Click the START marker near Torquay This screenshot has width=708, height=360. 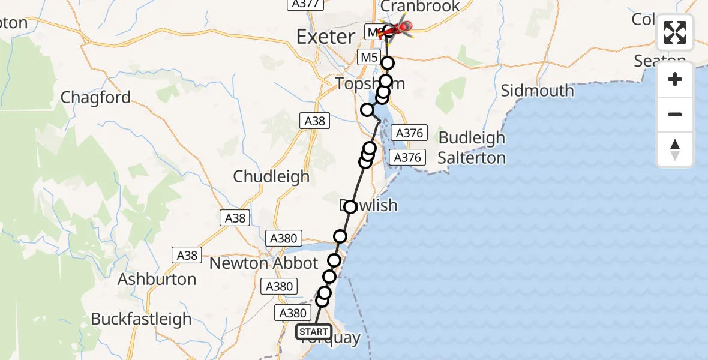[313, 332]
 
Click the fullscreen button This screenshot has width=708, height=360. [675, 32]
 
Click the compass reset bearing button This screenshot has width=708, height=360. [675, 149]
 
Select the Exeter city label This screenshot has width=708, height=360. [325, 37]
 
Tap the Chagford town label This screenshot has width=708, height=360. [96, 98]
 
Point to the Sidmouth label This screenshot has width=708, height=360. [537, 91]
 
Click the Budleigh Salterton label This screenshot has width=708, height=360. [472, 148]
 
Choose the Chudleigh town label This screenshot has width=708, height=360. [271, 176]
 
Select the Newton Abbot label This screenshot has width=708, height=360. [263, 263]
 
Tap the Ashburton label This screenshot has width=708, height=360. [157, 279]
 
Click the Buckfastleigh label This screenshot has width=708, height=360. [141, 319]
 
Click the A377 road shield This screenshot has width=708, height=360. [306, 4]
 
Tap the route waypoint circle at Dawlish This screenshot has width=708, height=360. [350, 207]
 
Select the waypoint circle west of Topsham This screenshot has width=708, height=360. [367, 110]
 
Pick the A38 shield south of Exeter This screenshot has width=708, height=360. [314, 121]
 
